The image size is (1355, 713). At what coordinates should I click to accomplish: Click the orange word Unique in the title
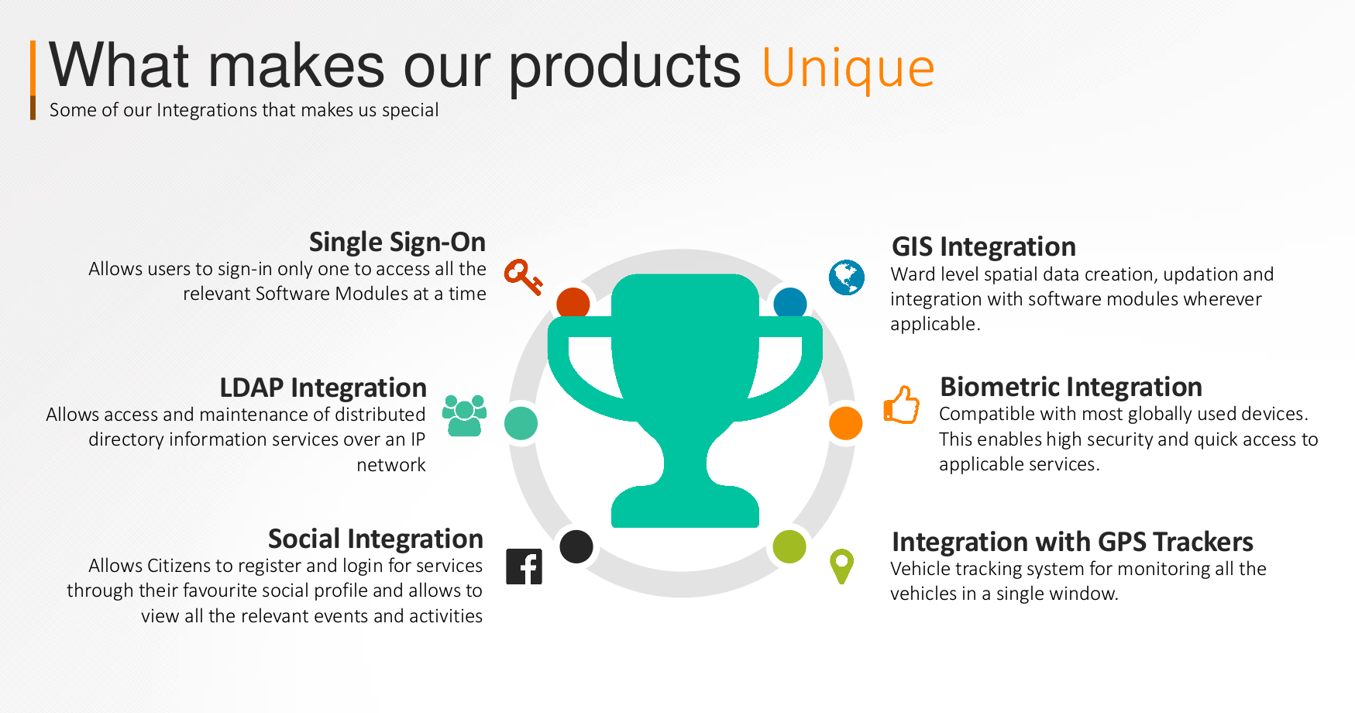tap(848, 68)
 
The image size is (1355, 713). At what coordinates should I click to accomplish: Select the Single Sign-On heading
tap(397, 243)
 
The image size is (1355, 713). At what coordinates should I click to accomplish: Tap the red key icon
tap(524, 277)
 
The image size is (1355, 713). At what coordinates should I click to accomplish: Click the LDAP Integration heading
tap(323, 387)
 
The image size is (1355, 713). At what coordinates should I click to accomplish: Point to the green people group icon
tap(464, 415)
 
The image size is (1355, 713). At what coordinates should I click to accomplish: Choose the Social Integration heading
tap(376, 539)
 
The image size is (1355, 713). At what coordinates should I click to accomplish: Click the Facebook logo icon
tap(524, 567)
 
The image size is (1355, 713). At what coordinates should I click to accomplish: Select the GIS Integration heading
tap(984, 247)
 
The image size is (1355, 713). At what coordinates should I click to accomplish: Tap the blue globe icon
tap(847, 277)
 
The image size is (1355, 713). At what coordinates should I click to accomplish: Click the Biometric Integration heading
tap(1071, 387)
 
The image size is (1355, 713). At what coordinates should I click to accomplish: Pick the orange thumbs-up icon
tap(902, 405)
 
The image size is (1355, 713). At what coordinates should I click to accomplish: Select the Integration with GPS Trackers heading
tap(1072, 542)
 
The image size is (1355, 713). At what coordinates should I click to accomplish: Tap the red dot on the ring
tap(573, 303)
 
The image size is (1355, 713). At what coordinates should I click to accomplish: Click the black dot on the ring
tap(576, 546)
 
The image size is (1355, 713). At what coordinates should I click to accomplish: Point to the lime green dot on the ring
tap(789, 546)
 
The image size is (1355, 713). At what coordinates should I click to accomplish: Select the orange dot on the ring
tap(845, 423)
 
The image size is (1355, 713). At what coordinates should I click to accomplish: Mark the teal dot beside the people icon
tap(521, 423)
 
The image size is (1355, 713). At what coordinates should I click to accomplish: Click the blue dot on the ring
tap(790, 303)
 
